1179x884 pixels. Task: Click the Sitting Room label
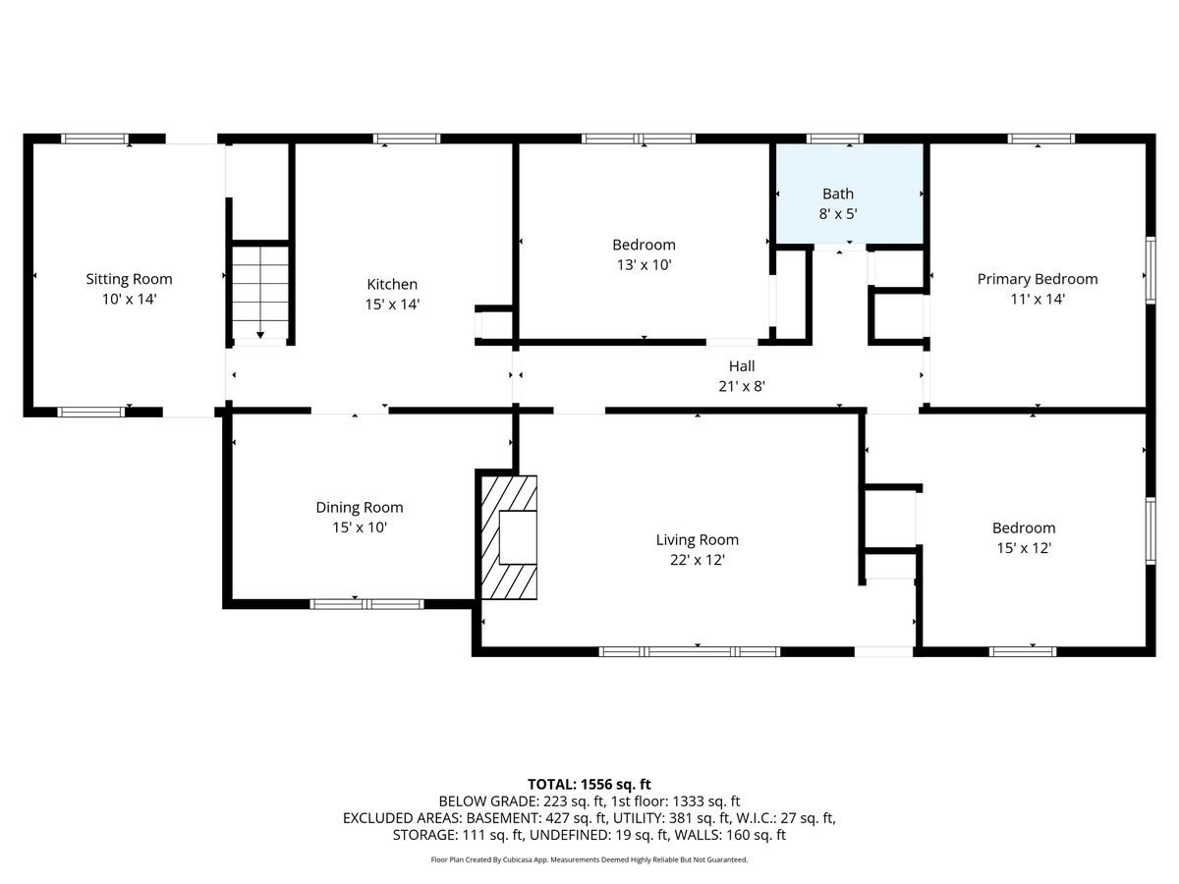coord(129,280)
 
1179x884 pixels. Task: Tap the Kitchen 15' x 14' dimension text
coord(392,304)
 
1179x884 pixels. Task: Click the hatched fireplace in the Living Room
coord(510,537)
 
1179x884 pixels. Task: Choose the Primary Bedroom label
coord(1038,279)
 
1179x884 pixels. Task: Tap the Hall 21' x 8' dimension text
coord(742,387)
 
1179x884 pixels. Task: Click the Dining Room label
coord(359,508)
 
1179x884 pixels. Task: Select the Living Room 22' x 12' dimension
coord(698,560)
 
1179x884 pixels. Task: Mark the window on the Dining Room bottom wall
coord(366,603)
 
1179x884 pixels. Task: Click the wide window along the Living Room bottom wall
coord(690,650)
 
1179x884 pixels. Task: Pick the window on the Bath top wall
coord(835,138)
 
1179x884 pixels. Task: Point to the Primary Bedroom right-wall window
coord(1150,270)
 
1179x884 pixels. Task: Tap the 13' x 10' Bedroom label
coord(644,245)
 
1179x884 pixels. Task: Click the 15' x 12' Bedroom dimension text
coord(1024,548)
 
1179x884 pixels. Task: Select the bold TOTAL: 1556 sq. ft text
coord(589,784)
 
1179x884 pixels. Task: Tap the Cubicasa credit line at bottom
coord(589,859)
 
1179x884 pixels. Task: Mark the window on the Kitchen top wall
coord(406,138)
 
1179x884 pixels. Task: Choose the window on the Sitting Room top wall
coord(95,138)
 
